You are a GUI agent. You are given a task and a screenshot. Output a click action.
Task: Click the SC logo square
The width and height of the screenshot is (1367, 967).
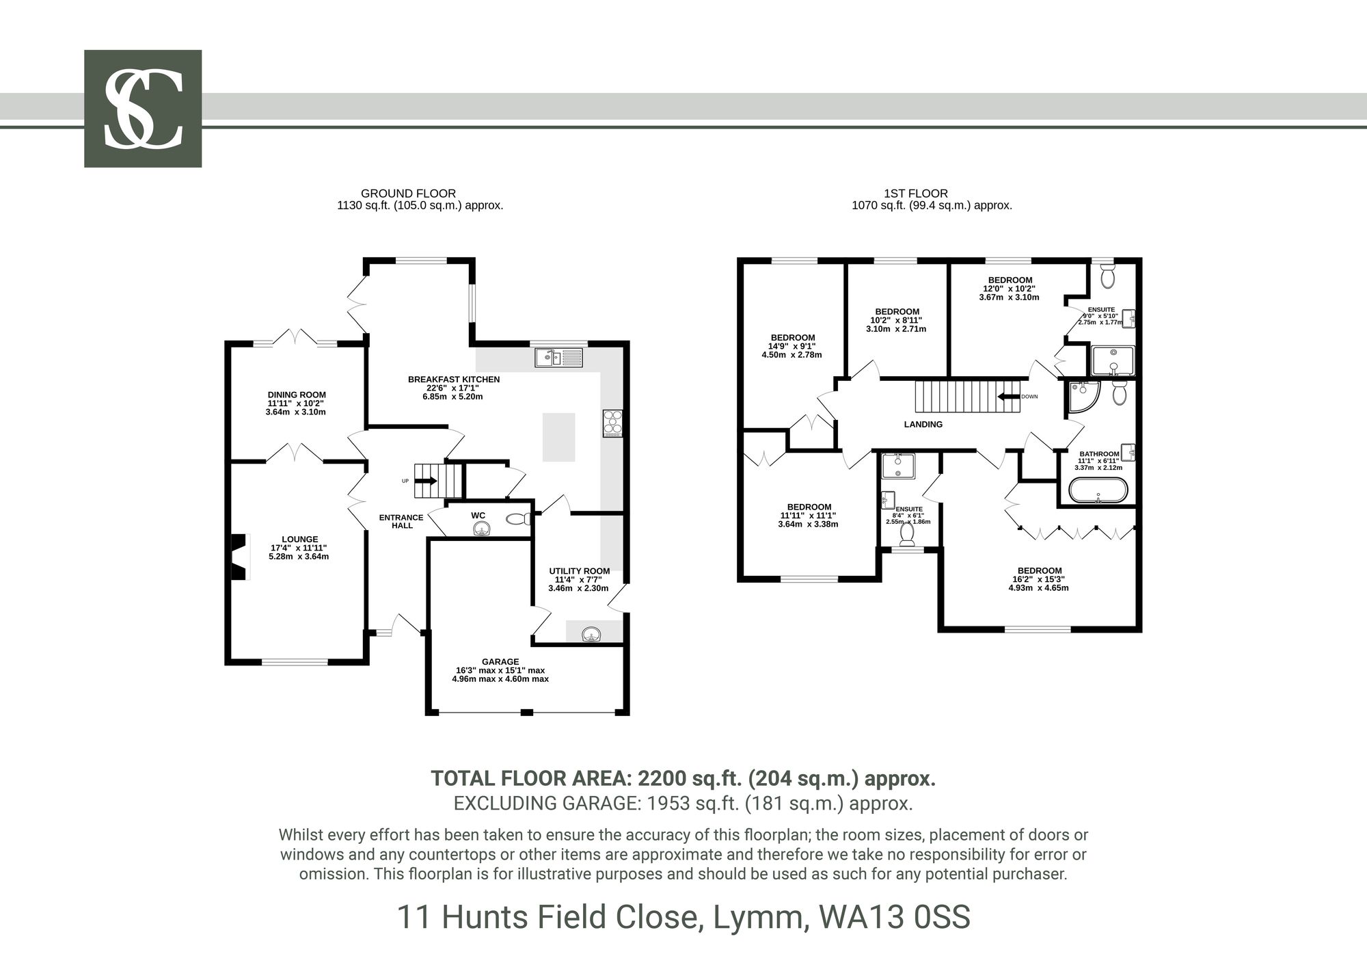coord(143,108)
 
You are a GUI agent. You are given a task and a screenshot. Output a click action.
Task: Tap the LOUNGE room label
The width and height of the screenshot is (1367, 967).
coord(299,540)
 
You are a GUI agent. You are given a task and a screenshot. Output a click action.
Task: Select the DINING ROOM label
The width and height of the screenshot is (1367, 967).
coord(297,395)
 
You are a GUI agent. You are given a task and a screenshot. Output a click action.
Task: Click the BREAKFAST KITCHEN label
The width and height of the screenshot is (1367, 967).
coord(454,380)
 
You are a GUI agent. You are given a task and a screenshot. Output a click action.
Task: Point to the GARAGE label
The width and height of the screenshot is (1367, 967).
coord(500,661)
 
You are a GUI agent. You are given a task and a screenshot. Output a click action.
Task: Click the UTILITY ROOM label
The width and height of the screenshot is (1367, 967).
coord(580,571)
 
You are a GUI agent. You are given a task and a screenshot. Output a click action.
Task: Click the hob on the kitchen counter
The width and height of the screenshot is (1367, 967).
coord(612,423)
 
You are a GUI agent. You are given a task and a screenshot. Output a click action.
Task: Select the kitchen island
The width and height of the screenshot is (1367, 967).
coord(559,437)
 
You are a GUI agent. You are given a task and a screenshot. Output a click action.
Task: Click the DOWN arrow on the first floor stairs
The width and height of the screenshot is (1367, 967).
coord(1007,397)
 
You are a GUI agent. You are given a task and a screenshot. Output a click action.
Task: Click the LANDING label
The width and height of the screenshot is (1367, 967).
coord(923,424)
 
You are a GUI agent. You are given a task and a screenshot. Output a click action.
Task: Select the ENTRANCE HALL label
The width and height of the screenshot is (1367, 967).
coord(402,521)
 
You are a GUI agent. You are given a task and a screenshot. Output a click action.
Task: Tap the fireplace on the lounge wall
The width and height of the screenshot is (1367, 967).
coord(239,557)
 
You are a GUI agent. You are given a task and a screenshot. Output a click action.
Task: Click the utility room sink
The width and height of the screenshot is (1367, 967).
coord(592,635)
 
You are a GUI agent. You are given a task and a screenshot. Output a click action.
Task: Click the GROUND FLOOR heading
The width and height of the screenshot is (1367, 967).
coord(408,194)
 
